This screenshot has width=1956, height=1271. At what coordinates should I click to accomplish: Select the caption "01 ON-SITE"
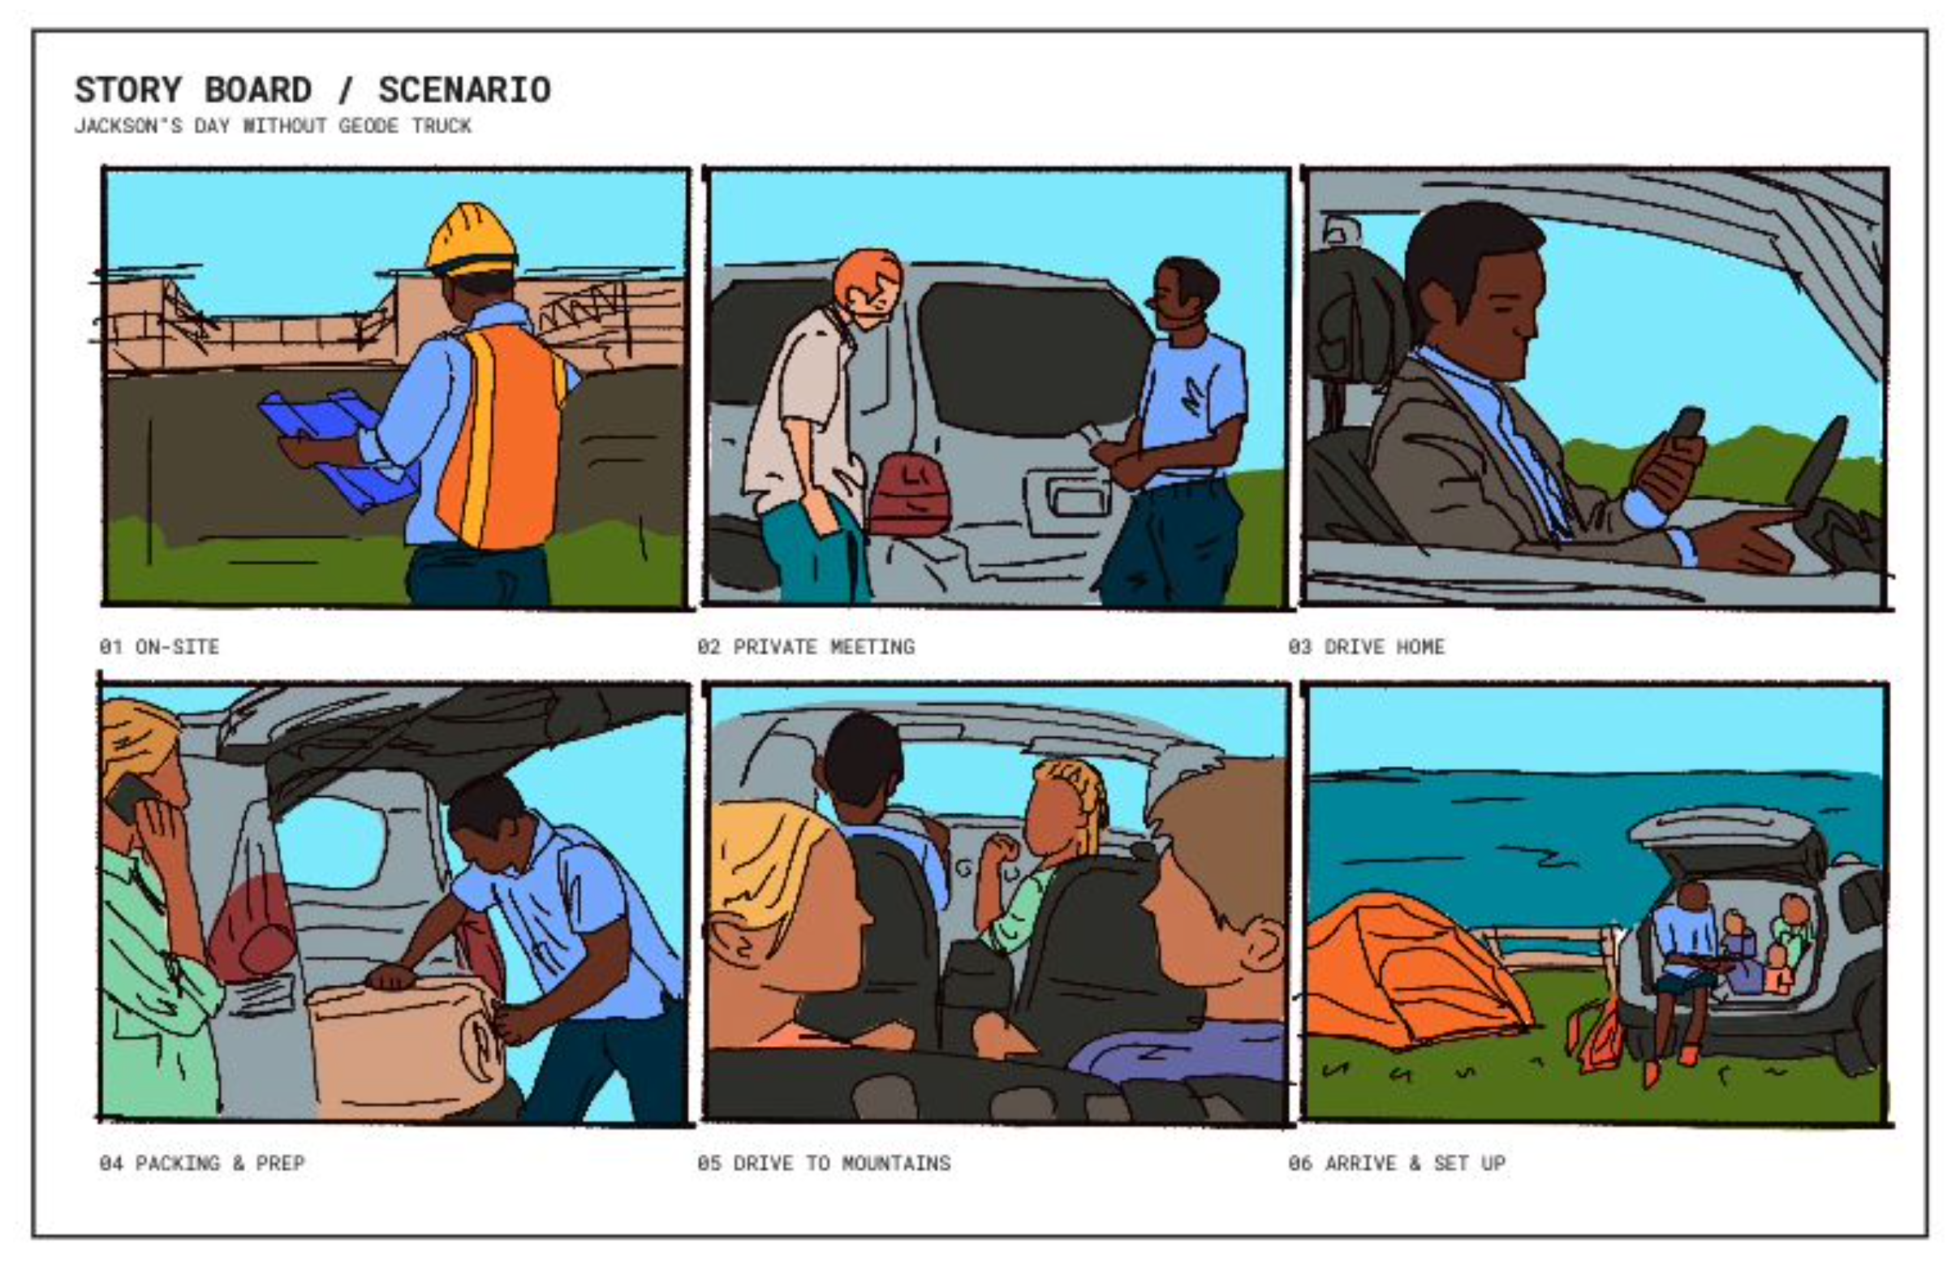coord(159,647)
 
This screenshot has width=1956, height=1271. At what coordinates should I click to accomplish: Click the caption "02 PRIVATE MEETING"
coord(805,647)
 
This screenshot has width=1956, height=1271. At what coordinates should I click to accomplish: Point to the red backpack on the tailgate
coord(909,493)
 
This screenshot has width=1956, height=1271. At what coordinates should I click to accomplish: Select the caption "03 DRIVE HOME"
coord(1366,647)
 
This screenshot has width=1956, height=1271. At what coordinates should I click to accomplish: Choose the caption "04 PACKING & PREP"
coord(202,1162)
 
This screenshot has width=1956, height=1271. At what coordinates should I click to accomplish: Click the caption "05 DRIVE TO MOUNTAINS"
coord(824,1162)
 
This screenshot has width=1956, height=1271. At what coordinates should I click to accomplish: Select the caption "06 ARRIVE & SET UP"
coord(1396,1162)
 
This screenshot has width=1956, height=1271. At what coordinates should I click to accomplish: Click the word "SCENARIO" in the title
coord(464,89)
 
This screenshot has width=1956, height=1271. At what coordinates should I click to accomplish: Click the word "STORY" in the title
coord(128,89)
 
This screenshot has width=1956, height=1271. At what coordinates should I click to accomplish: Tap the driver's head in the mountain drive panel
coord(863,760)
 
